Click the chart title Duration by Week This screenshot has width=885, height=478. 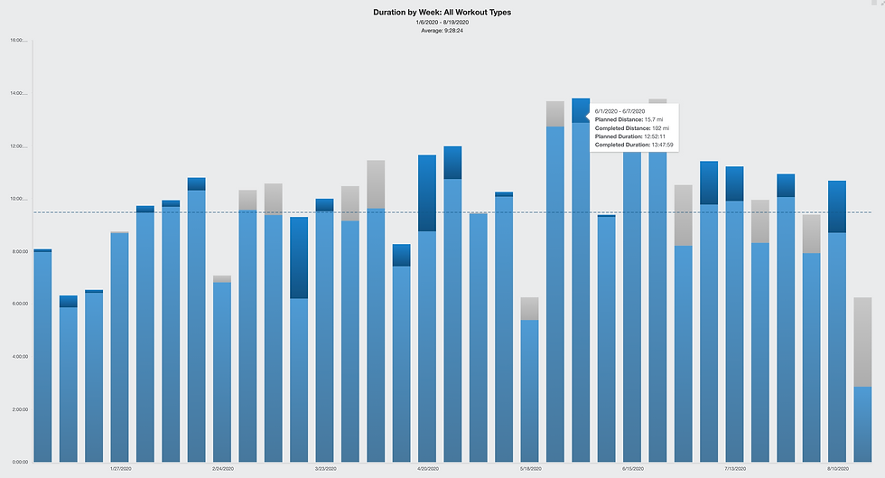[x=442, y=13]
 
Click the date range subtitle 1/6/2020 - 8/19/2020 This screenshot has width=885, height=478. [x=442, y=23]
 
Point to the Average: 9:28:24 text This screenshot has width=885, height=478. [x=442, y=31]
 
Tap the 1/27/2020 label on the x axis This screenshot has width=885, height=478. [x=120, y=469]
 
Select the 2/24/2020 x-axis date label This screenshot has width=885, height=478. [x=222, y=469]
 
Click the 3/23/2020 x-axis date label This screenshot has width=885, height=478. [x=325, y=469]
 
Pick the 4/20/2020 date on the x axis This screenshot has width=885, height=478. [x=427, y=469]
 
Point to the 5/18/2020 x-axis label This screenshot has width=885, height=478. [x=530, y=469]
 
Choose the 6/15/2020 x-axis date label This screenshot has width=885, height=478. [x=632, y=469]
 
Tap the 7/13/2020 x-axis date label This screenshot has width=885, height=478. [x=734, y=469]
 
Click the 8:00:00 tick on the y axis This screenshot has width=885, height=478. [x=17, y=251]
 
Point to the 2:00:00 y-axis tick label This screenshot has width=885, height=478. [x=17, y=409]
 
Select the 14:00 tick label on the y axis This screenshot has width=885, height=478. [x=17, y=93]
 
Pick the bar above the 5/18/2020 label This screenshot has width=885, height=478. [x=530, y=389]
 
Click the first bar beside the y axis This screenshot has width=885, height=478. [x=42, y=361]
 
